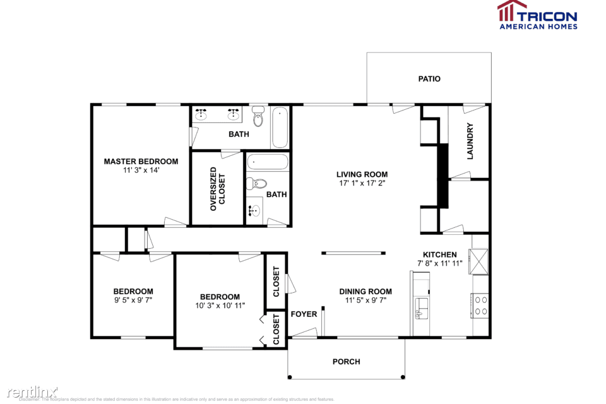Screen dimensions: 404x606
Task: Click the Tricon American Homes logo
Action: (x=537, y=15)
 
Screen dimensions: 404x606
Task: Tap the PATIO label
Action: (x=429, y=79)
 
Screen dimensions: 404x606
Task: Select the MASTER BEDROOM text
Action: (x=141, y=162)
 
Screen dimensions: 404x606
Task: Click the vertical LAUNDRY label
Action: (x=470, y=141)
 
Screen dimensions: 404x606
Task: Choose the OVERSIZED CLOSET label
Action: (x=218, y=188)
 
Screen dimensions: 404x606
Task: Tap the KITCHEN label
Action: (x=439, y=254)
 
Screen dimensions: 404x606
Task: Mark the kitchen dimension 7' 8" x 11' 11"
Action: (x=439, y=263)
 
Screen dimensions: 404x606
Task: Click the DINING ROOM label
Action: (x=365, y=292)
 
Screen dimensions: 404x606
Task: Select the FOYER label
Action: (x=304, y=314)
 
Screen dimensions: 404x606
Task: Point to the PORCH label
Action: (x=346, y=362)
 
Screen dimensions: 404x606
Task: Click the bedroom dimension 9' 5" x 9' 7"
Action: (x=133, y=300)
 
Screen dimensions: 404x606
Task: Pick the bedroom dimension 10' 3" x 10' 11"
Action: (x=220, y=306)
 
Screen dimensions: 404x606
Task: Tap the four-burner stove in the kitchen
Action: (x=480, y=306)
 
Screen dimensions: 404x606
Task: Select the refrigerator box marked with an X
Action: (x=480, y=261)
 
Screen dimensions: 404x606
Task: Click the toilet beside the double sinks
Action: (x=258, y=117)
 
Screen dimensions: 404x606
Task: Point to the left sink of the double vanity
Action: (x=202, y=114)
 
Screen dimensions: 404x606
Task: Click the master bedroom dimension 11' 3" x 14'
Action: (x=141, y=170)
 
